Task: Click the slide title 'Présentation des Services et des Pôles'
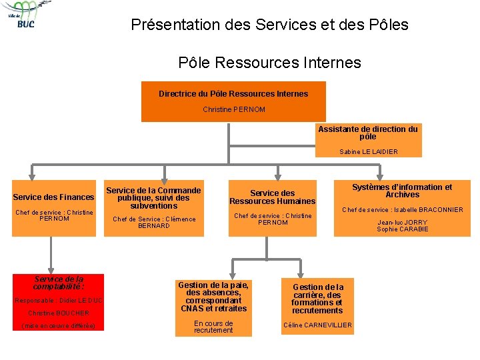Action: click(x=269, y=25)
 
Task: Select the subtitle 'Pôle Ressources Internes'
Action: click(x=269, y=63)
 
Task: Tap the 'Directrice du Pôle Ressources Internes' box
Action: click(x=233, y=101)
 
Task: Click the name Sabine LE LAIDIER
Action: click(x=368, y=152)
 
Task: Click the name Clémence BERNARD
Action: click(x=154, y=223)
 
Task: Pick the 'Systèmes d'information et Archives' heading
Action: click(x=402, y=191)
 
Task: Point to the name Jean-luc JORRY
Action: click(x=403, y=223)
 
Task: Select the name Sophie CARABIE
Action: click(x=403, y=229)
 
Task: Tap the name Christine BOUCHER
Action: click(x=59, y=313)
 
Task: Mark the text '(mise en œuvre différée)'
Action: click(x=59, y=326)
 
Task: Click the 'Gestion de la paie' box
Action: click(x=213, y=297)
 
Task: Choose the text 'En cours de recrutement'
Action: click(x=213, y=327)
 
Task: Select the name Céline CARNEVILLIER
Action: click(x=317, y=325)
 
